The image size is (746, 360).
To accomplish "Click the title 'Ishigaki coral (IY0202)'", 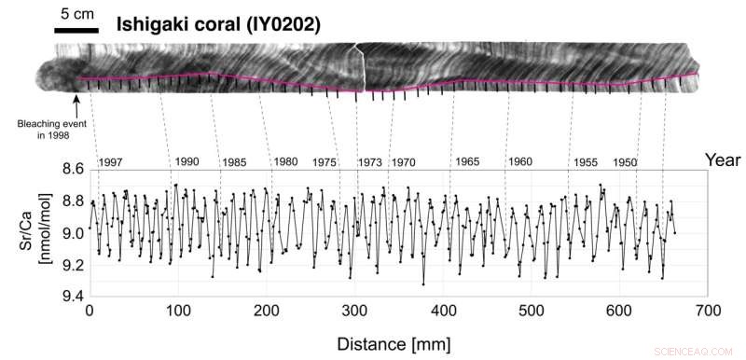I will [217, 25].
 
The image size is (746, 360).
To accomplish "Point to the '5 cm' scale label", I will [76, 14].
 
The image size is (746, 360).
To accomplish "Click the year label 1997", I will [110, 162].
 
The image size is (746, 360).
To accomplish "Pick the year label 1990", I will [186, 161].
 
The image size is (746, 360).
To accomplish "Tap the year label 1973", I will [369, 162].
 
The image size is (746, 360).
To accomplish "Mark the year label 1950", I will [625, 162].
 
